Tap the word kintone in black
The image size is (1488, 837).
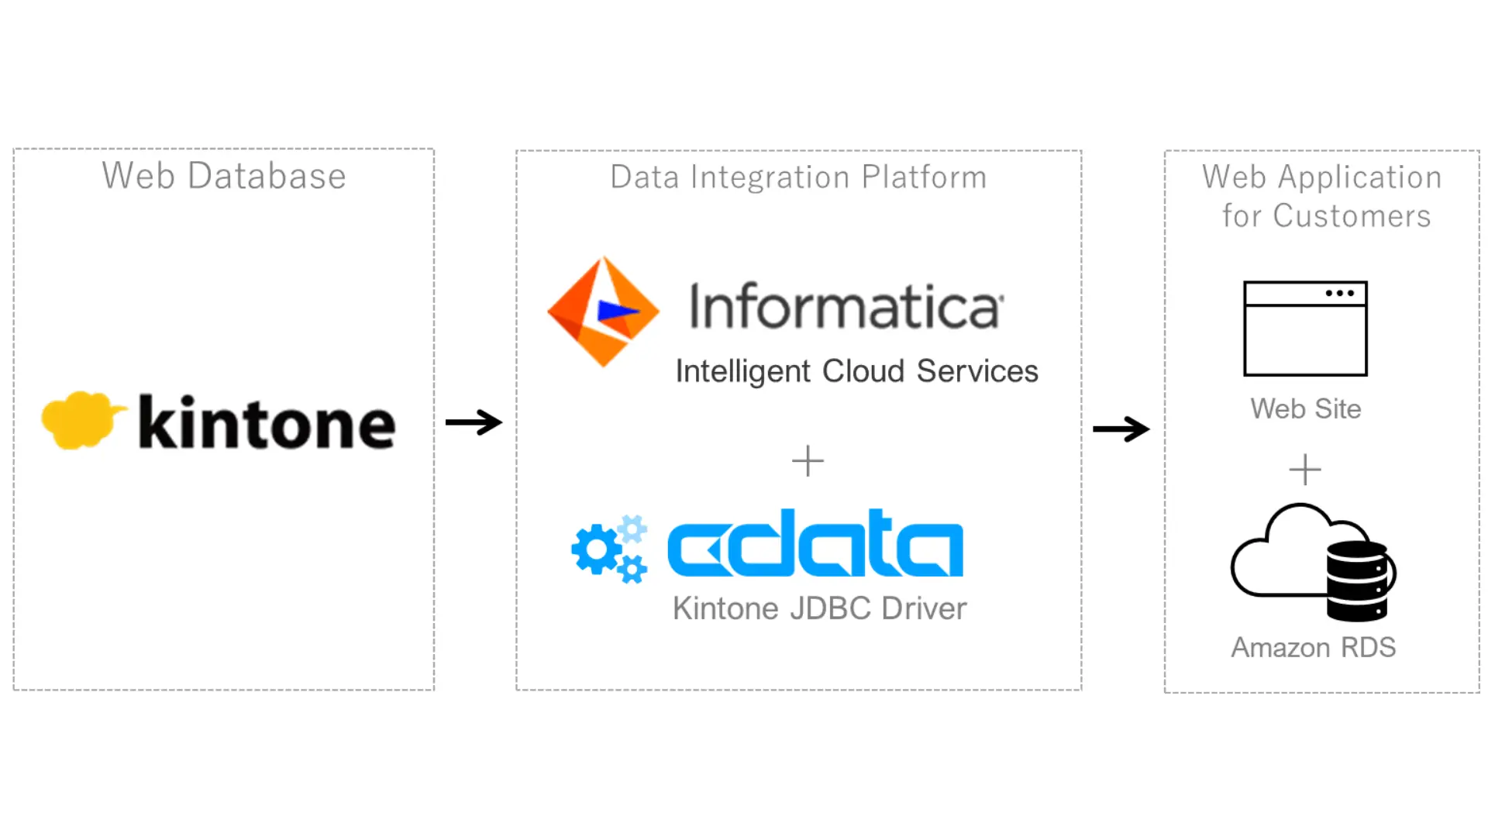[x=267, y=423]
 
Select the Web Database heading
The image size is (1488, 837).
[x=224, y=176]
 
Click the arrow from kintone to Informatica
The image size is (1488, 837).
[x=474, y=422]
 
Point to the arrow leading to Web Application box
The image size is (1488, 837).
[x=1121, y=429]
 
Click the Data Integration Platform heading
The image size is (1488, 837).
[x=798, y=177]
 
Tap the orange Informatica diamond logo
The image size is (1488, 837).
[x=603, y=311]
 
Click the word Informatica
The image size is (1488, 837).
[x=846, y=307]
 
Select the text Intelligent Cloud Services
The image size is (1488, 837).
[x=856, y=371]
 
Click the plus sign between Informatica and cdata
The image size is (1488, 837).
[x=808, y=461]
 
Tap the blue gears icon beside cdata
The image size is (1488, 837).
[x=609, y=549]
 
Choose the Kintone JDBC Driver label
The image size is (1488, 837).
[x=819, y=609]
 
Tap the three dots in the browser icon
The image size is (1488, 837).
[x=1340, y=294]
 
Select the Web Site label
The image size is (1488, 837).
[x=1305, y=409]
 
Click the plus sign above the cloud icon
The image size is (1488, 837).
[x=1305, y=470]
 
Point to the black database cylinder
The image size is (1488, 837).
[x=1357, y=581]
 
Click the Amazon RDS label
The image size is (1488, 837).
[x=1314, y=648]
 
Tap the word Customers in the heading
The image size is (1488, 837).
[x=1352, y=216]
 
